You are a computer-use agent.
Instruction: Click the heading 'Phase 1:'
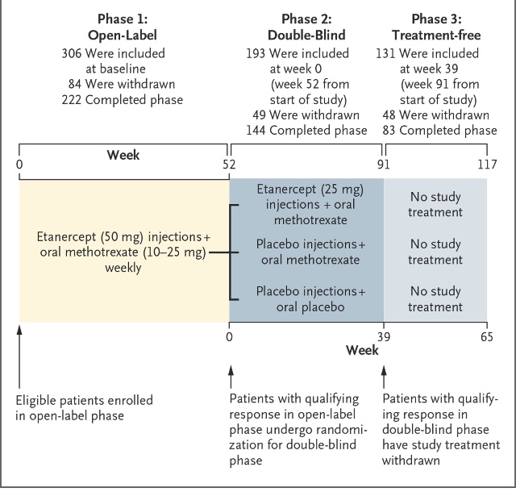tap(123, 19)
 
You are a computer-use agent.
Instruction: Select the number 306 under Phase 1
tap(72, 53)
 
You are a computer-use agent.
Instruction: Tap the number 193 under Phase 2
tap(256, 53)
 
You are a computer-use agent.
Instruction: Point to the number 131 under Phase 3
tap(385, 53)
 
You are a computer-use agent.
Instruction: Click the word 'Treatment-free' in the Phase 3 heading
tap(436, 35)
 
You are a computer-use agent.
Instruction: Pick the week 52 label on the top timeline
tap(229, 165)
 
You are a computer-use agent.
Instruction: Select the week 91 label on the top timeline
tap(384, 165)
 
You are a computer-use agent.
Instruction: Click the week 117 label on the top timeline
tap(487, 165)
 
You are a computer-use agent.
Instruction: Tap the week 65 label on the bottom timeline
tap(487, 337)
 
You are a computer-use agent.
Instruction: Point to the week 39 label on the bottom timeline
tap(384, 337)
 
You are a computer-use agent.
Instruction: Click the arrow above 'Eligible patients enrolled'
tap(19, 356)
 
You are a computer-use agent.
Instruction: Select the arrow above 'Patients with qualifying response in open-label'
tap(231, 377)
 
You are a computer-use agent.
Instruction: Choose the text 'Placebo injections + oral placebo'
tap(310, 299)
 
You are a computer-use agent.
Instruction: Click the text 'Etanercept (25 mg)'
tap(310, 190)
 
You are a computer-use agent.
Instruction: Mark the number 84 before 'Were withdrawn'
tap(75, 84)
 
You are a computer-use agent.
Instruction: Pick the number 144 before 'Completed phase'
tap(256, 131)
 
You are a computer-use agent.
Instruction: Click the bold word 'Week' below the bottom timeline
tap(362, 350)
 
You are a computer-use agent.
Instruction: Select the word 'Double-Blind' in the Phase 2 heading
tap(306, 35)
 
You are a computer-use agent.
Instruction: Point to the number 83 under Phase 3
tap(389, 131)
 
